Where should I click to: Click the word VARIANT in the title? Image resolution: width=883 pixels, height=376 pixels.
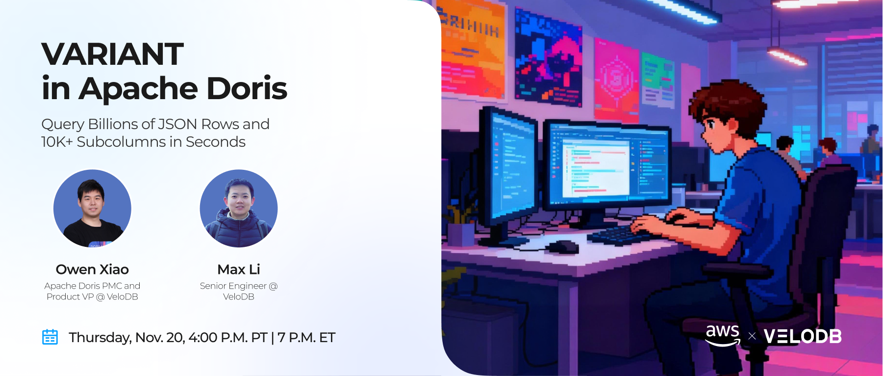112,54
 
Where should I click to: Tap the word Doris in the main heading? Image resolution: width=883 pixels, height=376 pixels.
247,88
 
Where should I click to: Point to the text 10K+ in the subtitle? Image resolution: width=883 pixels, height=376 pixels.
57,142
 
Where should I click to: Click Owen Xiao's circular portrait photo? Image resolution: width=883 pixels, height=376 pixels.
92,208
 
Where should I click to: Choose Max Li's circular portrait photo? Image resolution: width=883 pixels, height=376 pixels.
239,208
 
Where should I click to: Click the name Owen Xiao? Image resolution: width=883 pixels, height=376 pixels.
92,269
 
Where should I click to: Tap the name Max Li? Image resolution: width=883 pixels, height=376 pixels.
239,269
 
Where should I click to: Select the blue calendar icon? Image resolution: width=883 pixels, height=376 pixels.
50,337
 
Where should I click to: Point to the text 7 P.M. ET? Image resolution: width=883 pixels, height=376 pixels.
306,338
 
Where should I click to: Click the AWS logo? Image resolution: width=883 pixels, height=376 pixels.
723,336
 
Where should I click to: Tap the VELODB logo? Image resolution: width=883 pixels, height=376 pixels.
803,337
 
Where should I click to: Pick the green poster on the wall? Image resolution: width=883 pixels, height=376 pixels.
657,80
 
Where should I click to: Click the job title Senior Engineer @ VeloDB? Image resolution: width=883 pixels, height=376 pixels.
239,291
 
